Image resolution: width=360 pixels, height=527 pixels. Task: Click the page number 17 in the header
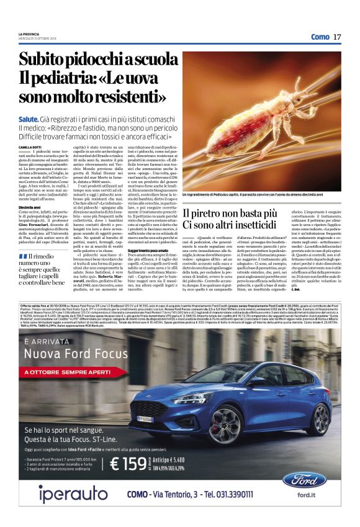coord(338,37)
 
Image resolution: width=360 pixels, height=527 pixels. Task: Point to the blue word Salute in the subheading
coord(29,117)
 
